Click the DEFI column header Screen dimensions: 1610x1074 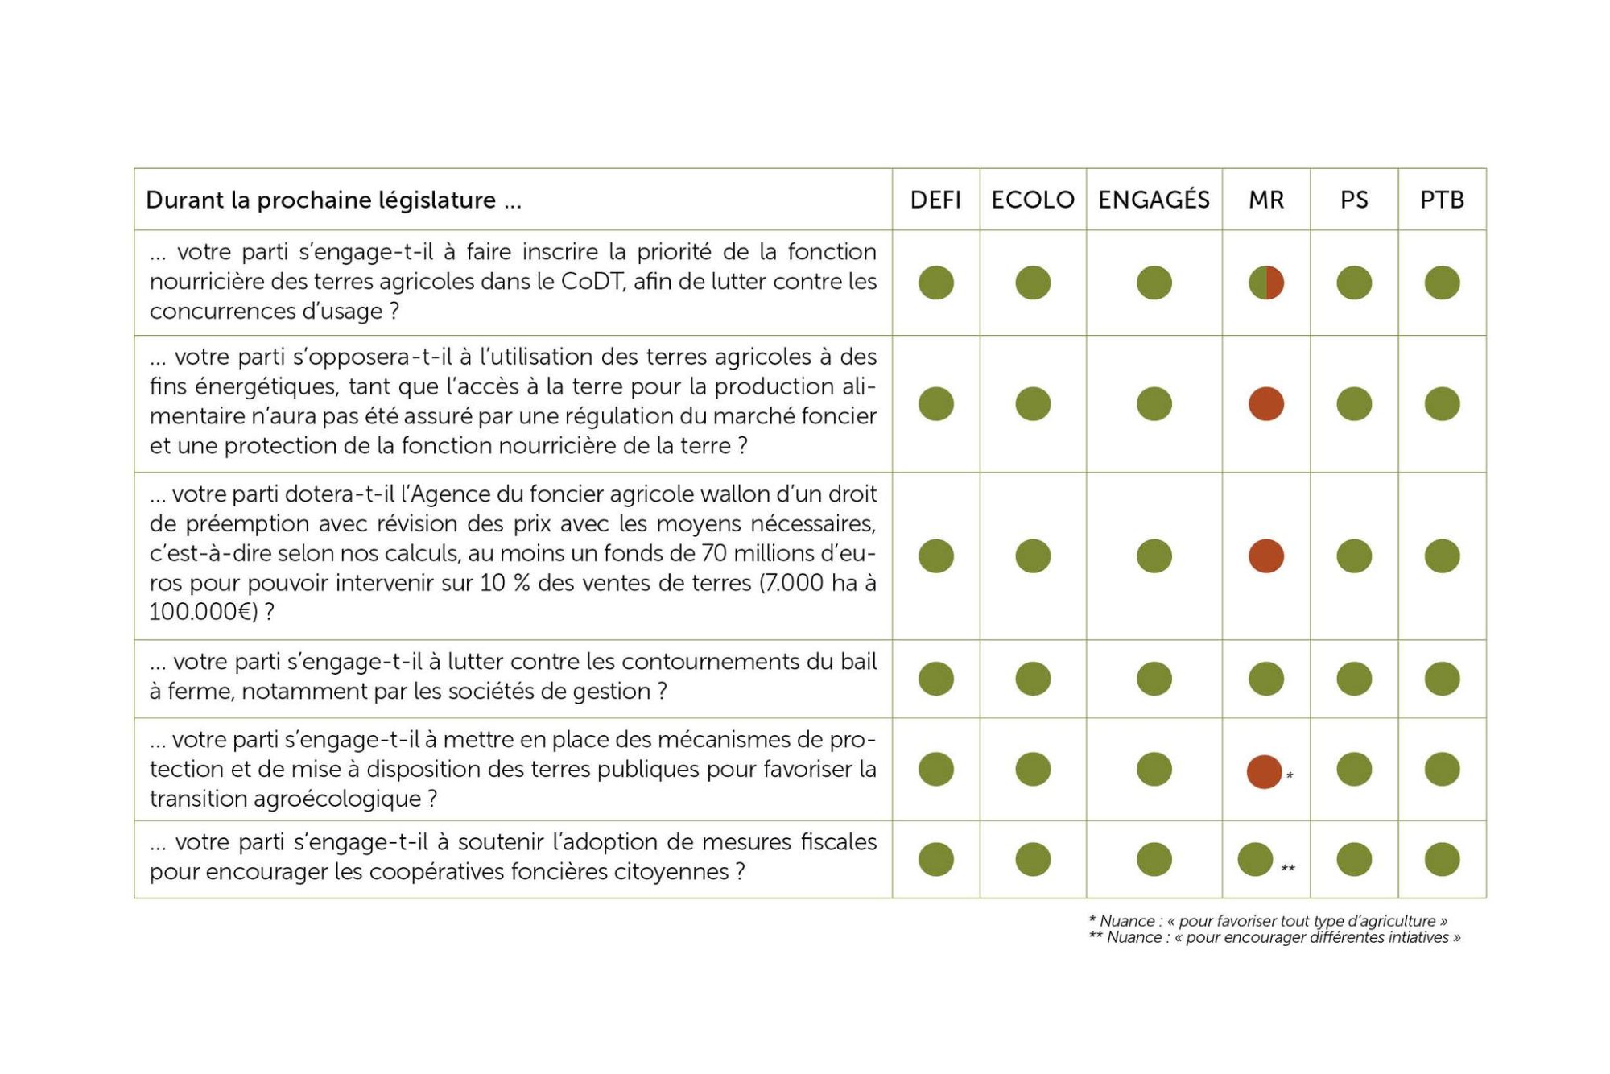(x=935, y=200)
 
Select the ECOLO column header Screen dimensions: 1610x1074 (x=1033, y=200)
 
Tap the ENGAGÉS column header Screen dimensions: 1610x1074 (x=1154, y=199)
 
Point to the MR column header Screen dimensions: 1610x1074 (x=1266, y=200)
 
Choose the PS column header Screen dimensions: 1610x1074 (x=1354, y=200)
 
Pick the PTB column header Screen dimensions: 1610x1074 (x=1442, y=200)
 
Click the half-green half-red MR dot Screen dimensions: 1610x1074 (x=1266, y=283)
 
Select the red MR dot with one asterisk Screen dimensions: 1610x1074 (x=1264, y=772)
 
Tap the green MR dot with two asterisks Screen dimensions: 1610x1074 (x=1255, y=859)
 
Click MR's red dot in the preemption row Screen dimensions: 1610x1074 (x=1266, y=556)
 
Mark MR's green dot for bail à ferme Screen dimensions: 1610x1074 (x=1266, y=679)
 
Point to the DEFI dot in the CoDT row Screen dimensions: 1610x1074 (x=936, y=283)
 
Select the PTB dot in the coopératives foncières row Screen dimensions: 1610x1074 (x=1442, y=859)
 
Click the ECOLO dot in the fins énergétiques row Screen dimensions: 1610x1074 (x=1033, y=403)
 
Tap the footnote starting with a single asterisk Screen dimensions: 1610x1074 (x=1268, y=920)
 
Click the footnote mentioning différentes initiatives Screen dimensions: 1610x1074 (x=1274, y=937)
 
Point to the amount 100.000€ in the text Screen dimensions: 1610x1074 (x=200, y=612)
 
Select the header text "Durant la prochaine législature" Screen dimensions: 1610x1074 (x=320, y=200)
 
